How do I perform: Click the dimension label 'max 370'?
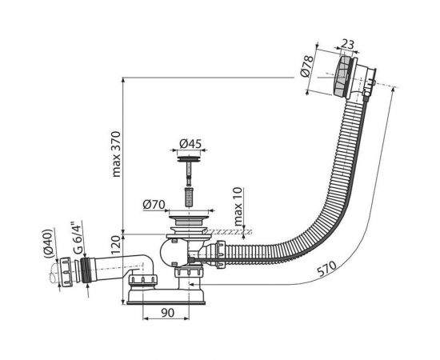tap(117, 154)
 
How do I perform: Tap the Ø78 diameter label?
tap(306, 66)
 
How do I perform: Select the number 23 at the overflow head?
tap(348, 44)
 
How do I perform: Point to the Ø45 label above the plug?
tap(190, 144)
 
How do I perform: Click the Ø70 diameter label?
tap(154, 205)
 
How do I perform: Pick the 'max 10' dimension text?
tap(238, 206)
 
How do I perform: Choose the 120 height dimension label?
tap(117, 245)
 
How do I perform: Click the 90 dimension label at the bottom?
tap(167, 313)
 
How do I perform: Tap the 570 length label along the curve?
tap(326, 269)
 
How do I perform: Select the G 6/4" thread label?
tap(78, 238)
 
